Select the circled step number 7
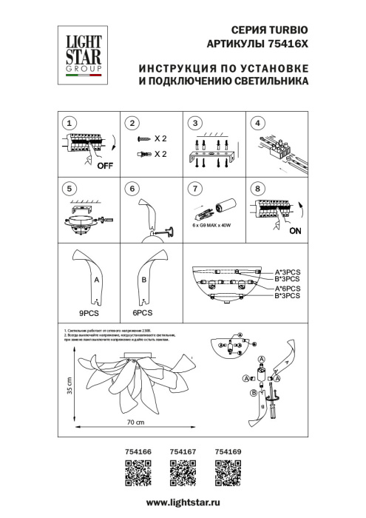195,189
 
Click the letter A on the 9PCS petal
96,280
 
